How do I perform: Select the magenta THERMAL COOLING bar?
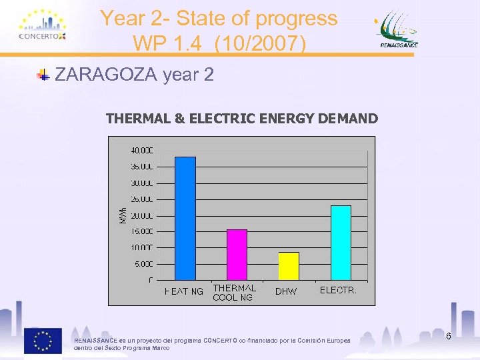(237, 254)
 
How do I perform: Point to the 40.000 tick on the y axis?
(141, 150)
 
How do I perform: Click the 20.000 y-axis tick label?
(141, 215)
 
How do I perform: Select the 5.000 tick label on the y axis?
(143, 264)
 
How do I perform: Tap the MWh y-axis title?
(122, 213)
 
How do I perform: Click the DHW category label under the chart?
(286, 291)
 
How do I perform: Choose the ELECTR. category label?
(338, 291)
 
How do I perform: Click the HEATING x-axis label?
(184, 291)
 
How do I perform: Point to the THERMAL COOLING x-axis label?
(233, 293)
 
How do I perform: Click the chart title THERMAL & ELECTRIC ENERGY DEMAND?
(241, 119)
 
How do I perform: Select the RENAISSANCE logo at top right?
(399, 30)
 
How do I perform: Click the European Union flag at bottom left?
(43, 341)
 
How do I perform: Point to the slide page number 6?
(449, 336)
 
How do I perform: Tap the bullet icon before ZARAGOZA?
(43, 75)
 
